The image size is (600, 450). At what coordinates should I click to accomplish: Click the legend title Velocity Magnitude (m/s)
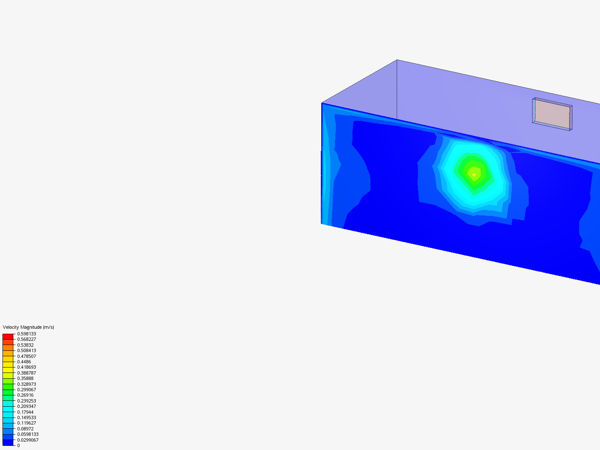[x=28, y=327]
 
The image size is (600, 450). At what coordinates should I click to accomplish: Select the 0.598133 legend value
[x=27, y=334]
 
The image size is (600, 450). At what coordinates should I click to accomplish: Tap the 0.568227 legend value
[x=27, y=339]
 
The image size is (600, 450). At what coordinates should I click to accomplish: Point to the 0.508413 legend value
[x=27, y=350]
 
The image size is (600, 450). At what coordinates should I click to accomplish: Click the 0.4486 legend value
[x=24, y=362]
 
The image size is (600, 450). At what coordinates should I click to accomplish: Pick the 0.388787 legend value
[x=27, y=372]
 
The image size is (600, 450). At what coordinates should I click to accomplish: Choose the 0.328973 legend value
[x=27, y=384]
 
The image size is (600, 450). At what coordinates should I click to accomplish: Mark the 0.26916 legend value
[x=25, y=395]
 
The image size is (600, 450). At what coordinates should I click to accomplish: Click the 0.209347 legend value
[x=27, y=406]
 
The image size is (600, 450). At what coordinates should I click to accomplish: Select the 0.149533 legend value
[x=27, y=417]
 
